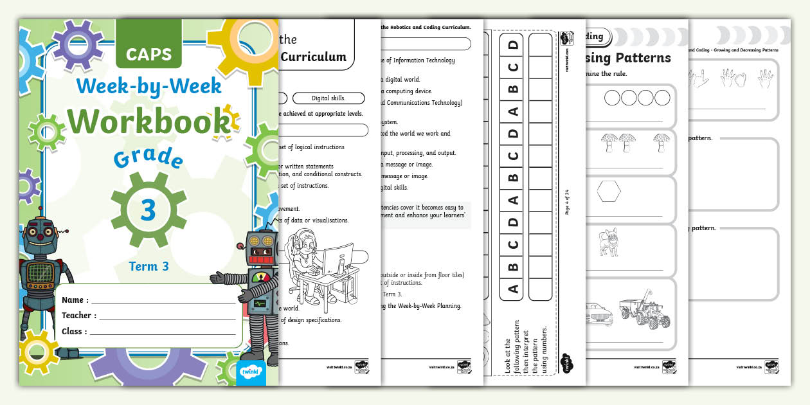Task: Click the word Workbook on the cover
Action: point(148,121)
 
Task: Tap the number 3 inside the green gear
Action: point(148,210)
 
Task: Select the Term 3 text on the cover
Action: point(148,265)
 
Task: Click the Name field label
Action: point(75,300)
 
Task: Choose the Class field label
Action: point(75,332)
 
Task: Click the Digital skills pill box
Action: point(328,98)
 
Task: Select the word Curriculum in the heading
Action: point(315,57)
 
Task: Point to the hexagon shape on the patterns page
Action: point(609,191)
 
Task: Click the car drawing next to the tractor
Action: point(600,316)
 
